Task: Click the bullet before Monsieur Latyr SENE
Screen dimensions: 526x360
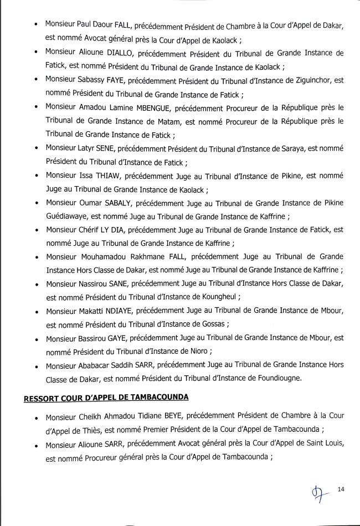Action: click(x=36, y=149)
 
